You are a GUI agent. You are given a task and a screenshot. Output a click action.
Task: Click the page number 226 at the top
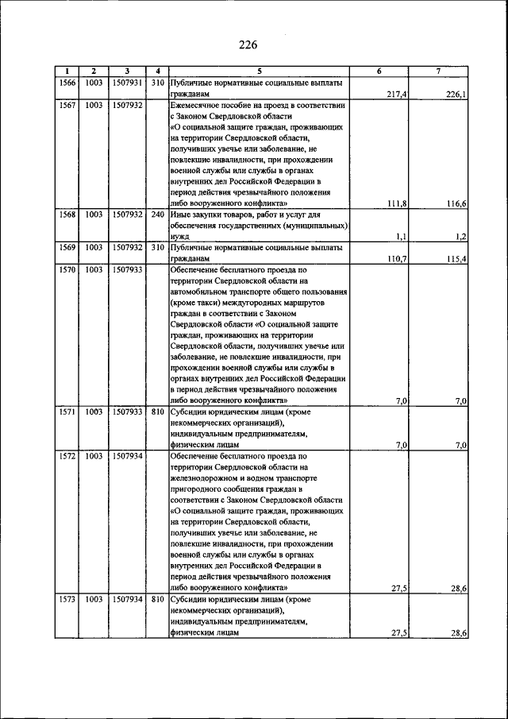pyautogui.click(x=248, y=44)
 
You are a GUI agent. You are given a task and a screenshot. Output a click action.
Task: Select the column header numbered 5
pyautogui.click(x=259, y=72)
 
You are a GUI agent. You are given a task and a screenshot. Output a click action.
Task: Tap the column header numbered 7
pyautogui.click(x=438, y=72)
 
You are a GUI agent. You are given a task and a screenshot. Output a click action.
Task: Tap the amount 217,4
pyautogui.click(x=397, y=94)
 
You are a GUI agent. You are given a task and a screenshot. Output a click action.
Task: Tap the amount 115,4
pyautogui.click(x=456, y=259)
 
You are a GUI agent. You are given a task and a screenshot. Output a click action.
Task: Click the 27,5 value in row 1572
pyautogui.click(x=399, y=588)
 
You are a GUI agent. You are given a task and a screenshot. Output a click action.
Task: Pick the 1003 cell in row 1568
pyautogui.click(x=94, y=215)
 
